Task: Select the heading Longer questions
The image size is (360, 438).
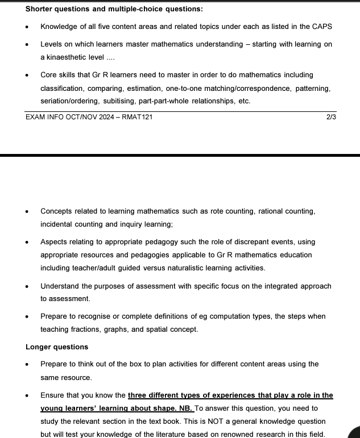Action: coord(57,347)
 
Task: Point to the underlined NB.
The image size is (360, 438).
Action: coord(187,408)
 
